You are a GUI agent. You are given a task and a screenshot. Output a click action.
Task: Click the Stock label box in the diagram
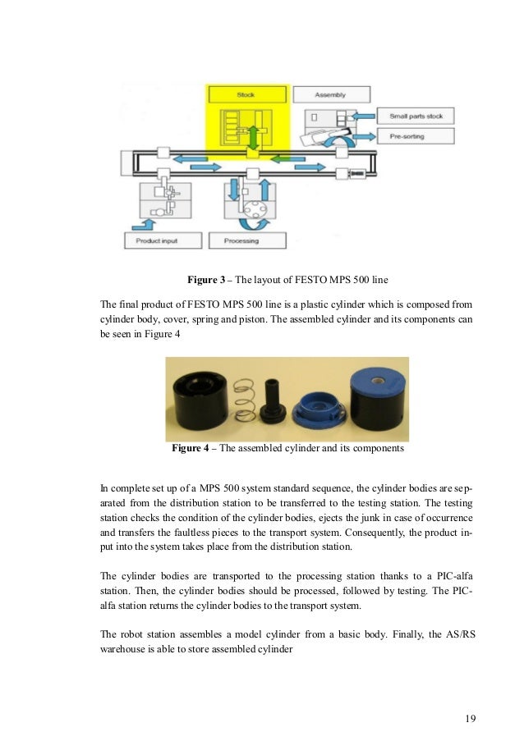(x=246, y=95)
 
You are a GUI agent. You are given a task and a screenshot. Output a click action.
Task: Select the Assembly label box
(x=330, y=95)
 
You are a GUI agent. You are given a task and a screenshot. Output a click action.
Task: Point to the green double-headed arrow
(x=254, y=136)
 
